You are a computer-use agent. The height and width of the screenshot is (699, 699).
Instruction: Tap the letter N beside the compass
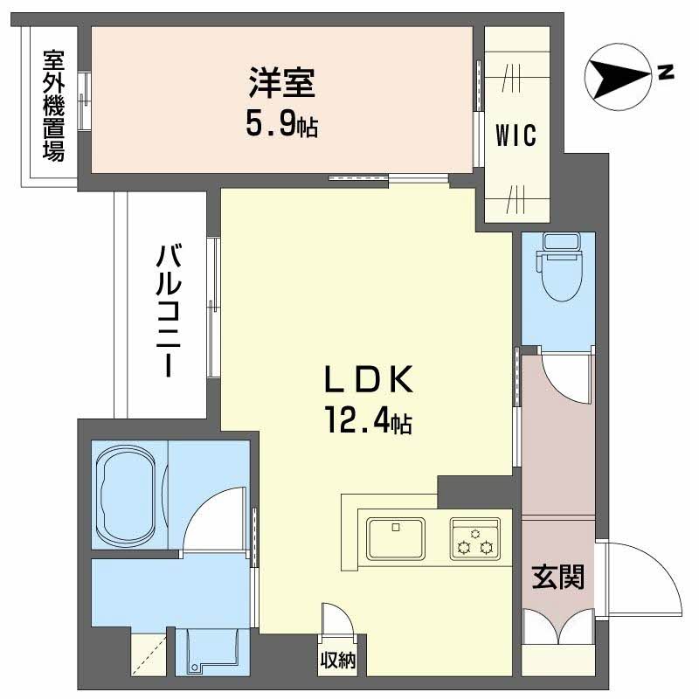[666, 72]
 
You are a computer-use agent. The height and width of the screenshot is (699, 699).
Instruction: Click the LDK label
[368, 382]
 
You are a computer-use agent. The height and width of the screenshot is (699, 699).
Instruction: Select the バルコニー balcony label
[170, 311]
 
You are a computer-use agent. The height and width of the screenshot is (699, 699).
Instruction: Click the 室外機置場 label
[53, 106]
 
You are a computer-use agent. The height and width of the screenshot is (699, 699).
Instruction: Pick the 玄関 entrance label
[558, 577]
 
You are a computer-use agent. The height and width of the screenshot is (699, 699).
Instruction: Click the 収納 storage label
[336, 661]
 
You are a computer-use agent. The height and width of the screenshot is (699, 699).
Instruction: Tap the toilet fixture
[557, 262]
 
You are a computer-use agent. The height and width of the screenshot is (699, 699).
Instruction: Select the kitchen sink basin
[396, 537]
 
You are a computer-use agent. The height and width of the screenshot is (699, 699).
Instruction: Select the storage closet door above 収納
[338, 624]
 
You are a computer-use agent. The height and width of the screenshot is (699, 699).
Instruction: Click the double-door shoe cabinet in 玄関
[558, 628]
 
